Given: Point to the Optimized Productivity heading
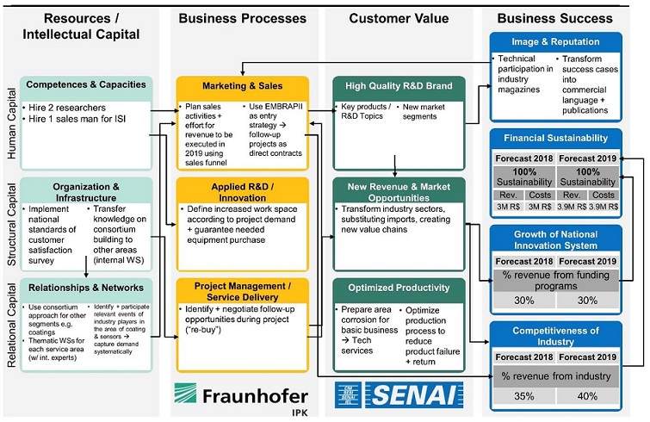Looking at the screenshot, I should pyautogui.click(x=399, y=288).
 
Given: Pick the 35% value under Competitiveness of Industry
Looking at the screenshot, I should pyautogui.click(x=525, y=397).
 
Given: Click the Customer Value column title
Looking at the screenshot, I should pyautogui.click(x=399, y=18).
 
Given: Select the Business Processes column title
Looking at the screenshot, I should pyautogui.click(x=243, y=18).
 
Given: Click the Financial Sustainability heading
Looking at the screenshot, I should pyautogui.click(x=555, y=137).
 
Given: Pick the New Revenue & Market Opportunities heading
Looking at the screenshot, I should pyautogui.click(x=399, y=193).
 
